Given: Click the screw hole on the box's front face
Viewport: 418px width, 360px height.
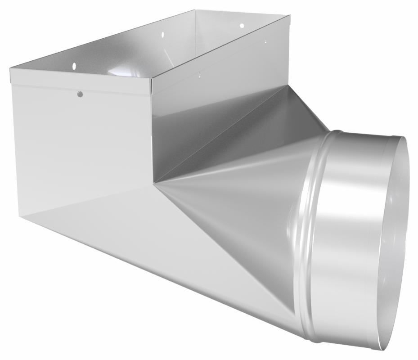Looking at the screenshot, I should [80, 94].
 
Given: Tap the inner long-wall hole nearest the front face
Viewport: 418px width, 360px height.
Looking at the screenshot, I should [74, 66].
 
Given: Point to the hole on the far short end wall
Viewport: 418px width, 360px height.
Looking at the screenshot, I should [241, 26].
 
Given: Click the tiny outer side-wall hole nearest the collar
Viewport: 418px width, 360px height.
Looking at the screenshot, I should [265, 42].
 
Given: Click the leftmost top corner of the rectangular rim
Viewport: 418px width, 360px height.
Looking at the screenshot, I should [10, 69].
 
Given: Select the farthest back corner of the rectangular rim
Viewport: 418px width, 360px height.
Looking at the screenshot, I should [195, 10].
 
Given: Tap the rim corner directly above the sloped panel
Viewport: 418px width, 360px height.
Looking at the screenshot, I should [289, 16].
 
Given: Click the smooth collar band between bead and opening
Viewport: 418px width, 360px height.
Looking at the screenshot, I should [351, 234].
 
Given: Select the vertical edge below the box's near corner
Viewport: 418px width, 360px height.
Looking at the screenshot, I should [152, 135].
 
